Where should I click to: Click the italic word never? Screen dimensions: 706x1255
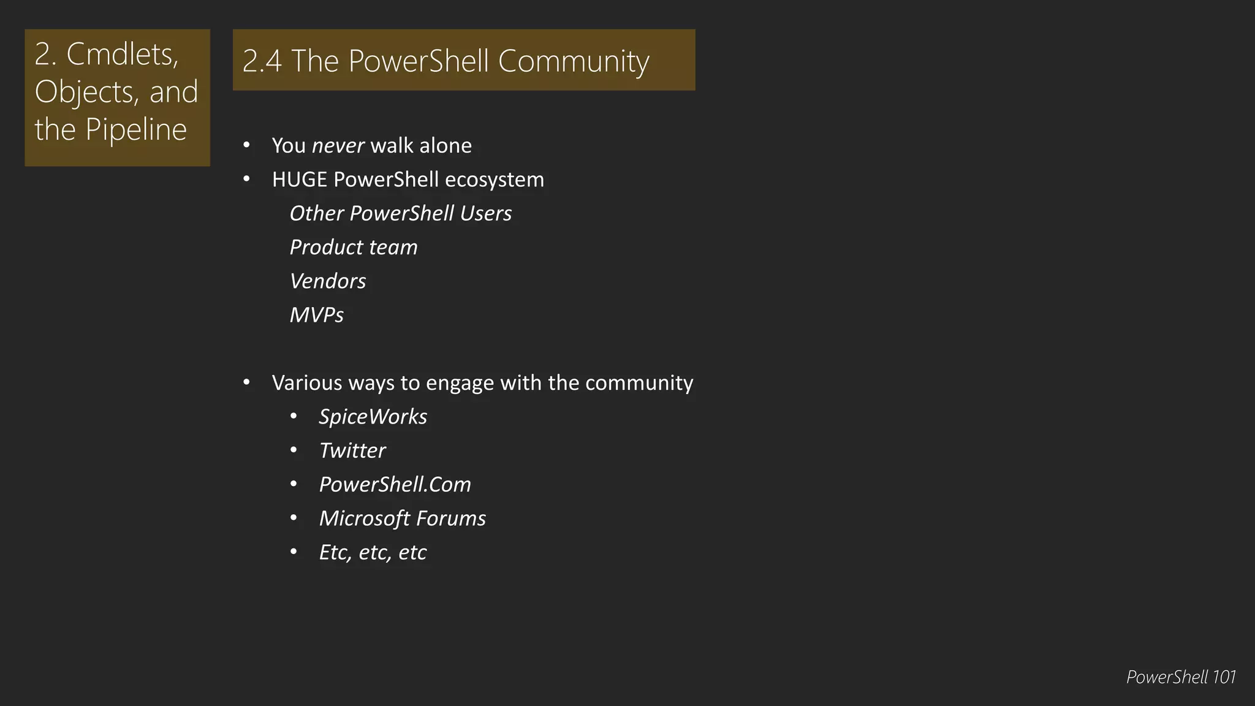tap(338, 146)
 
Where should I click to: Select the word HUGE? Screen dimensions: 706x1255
tap(299, 180)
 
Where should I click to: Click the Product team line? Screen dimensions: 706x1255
tap(353, 247)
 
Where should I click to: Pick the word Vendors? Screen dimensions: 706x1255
tap(327, 281)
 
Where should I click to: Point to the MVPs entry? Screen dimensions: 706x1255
tap(316, 315)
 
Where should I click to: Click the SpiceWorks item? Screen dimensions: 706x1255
tap(373, 417)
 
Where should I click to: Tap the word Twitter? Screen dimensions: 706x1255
tap(352, 450)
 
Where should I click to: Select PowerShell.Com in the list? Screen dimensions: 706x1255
tap(395, 484)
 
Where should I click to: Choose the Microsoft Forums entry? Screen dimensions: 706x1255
tap(402, 518)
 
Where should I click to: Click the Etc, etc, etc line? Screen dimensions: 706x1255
tap(373, 552)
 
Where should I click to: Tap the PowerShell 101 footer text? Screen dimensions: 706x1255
tap(1180, 677)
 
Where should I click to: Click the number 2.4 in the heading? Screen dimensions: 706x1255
tap(262, 61)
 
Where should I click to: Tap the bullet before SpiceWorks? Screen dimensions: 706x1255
tap(294, 417)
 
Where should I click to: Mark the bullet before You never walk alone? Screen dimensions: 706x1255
tap(246, 145)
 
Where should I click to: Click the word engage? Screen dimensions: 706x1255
tap(460, 383)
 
